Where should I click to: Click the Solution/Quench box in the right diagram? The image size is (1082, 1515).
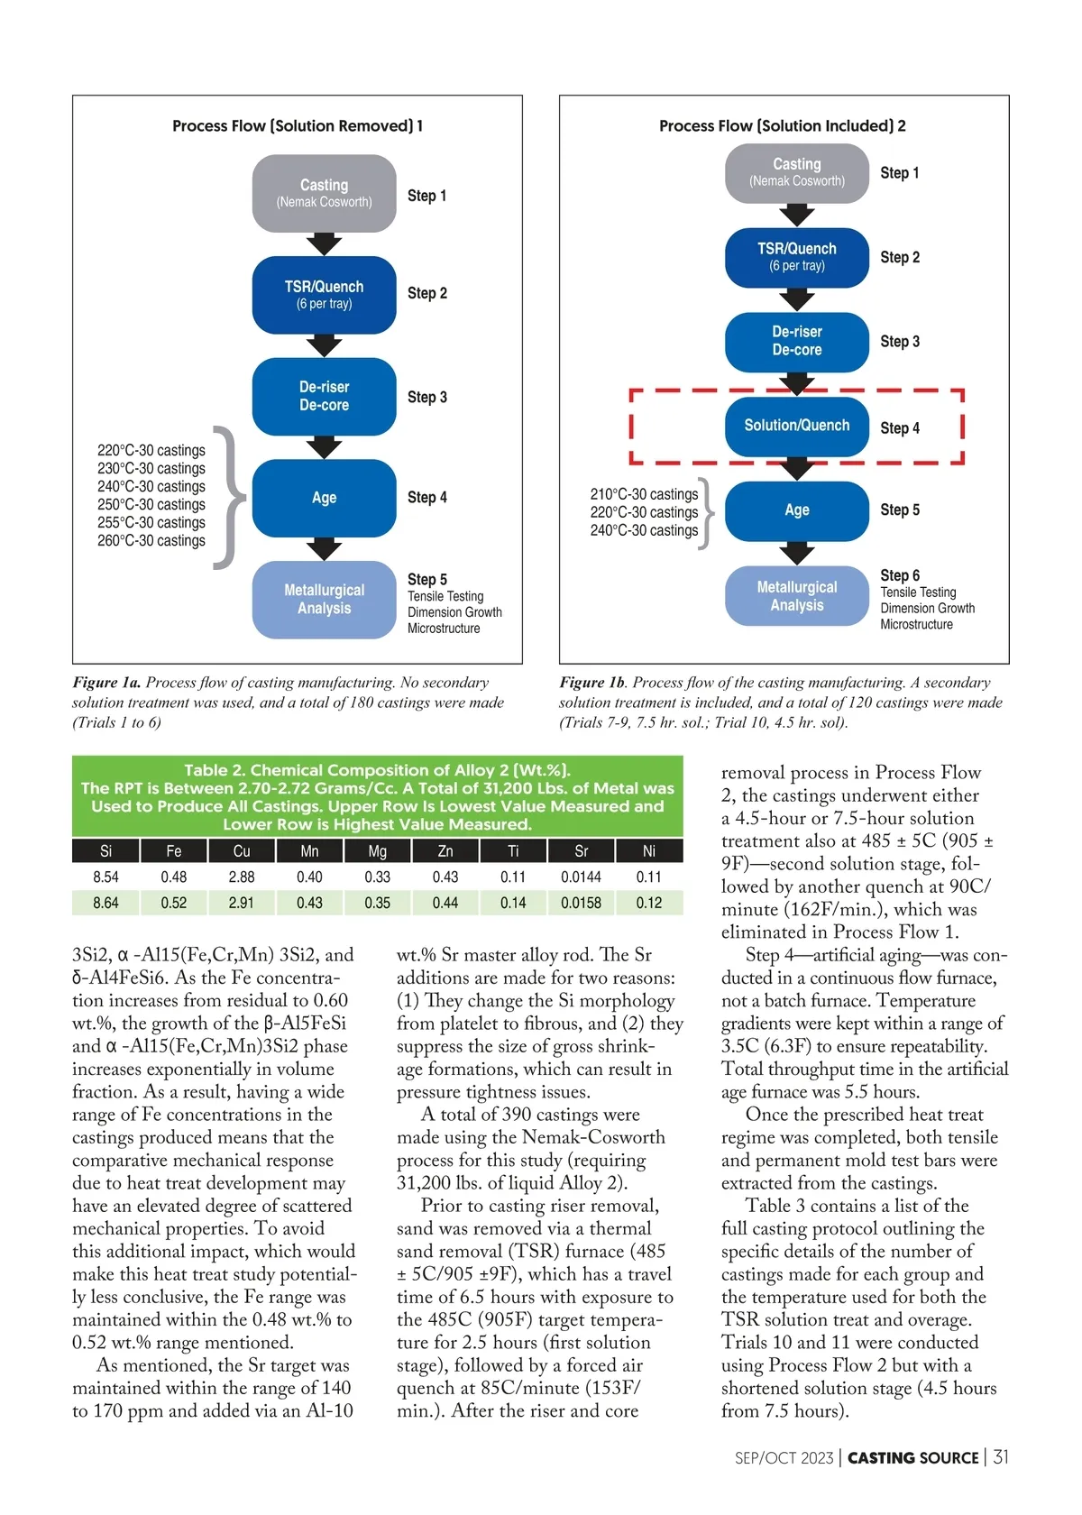point(796,426)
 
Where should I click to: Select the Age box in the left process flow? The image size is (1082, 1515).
point(324,498)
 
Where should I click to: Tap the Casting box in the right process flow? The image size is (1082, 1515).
point(796,171)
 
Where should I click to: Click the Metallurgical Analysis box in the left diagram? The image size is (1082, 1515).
point(324,599)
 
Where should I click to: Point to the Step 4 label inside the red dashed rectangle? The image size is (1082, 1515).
point(900,428)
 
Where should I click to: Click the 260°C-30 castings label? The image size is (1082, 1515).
point(151,541)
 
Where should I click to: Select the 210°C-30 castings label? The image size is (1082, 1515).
point(644,494)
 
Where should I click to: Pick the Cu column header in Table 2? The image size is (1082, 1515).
point(242,851)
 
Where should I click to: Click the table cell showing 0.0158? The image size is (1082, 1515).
point(581,903)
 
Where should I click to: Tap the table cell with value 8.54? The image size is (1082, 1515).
point(105,877)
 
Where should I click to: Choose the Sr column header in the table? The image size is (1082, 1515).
point(581,851)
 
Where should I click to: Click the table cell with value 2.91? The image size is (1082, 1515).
point(242,903)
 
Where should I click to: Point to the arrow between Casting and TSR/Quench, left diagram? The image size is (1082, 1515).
point(324,244)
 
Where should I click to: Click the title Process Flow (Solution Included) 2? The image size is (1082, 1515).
point(782,126)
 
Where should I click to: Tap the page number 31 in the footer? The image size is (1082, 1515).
point(1001,1457)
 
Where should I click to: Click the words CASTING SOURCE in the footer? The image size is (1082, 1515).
point(912,1458)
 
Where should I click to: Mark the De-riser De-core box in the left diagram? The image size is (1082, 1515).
point(324,396)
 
